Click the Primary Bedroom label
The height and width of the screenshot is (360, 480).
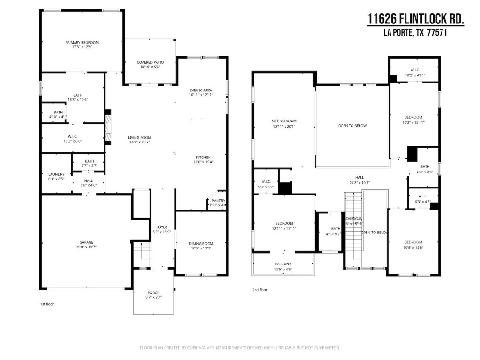82,42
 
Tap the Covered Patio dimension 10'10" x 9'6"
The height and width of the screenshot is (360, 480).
150,67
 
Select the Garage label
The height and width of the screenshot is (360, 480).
86,242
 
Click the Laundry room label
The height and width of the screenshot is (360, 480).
56,174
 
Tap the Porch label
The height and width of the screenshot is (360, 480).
153,292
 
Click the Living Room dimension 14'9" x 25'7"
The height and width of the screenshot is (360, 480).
140,142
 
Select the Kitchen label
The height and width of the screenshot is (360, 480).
203,157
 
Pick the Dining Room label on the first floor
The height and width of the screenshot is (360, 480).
201,243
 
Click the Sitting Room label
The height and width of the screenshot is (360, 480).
284,121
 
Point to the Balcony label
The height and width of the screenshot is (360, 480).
283,264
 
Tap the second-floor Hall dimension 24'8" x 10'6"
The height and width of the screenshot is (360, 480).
360,183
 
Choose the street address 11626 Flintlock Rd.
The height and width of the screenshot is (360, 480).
415,19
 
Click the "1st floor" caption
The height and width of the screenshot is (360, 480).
47,304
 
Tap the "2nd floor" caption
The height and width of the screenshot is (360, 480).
260,290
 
